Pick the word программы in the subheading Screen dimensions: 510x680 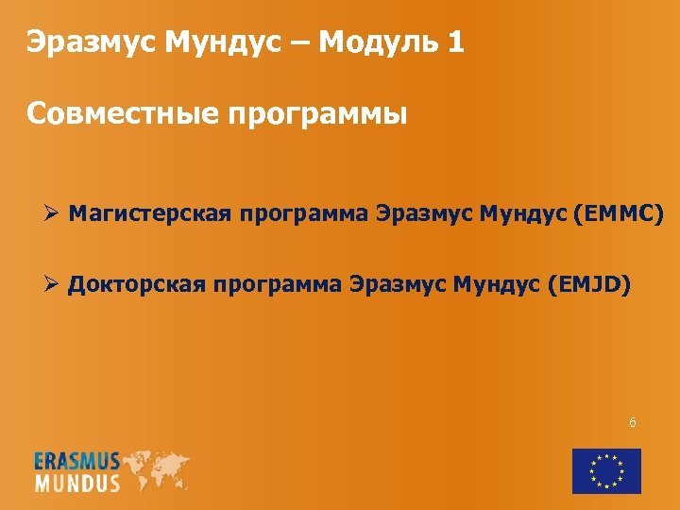point(317,116)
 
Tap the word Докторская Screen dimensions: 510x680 point(138,282)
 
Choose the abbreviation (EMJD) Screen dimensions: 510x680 point(588,282)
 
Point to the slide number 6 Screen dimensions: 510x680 point(632,422)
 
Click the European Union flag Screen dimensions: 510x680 point(606,470)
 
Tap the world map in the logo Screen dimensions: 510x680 point(156,468)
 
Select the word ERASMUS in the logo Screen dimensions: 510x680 point(77,462)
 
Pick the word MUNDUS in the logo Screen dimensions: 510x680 point(77,483)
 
